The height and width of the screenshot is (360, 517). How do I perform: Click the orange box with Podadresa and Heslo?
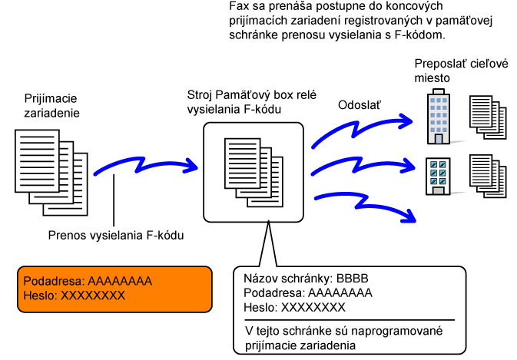(115, 289)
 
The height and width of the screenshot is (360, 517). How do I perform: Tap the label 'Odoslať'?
(361, 105)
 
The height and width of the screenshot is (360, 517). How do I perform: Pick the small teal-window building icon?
(438, 176)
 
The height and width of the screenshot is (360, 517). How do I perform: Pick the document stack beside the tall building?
(488, 117)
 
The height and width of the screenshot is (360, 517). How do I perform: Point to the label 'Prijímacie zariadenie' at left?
(52, 105)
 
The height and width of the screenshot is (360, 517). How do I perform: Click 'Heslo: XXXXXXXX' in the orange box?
(73, 296)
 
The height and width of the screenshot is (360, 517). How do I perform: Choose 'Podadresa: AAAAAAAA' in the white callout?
(307, 293)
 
